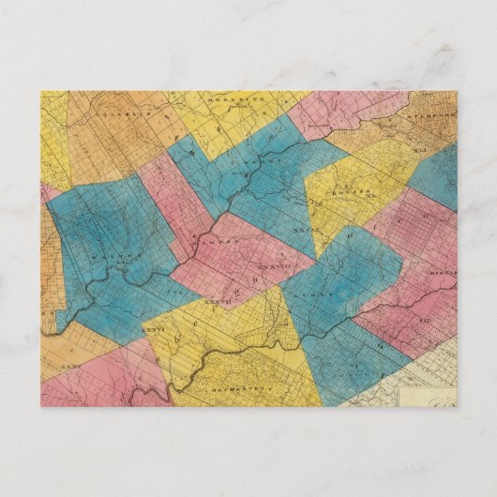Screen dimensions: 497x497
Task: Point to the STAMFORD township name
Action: pyautogui.click(x=432, y=115)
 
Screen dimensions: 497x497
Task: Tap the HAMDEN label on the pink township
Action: pyautogui.click(x=221, y=242)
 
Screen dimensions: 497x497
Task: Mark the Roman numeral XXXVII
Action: pyautogui.click(x=216, y=301)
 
